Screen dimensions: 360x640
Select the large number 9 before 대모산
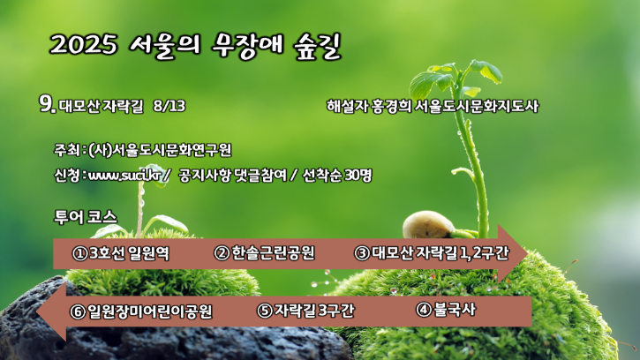click(x=47, y=103)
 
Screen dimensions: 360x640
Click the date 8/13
click(x=169, y=106)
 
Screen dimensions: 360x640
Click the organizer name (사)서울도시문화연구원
click(x=160, y=150)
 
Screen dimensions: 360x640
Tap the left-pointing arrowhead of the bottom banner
click(x=52, y=311)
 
